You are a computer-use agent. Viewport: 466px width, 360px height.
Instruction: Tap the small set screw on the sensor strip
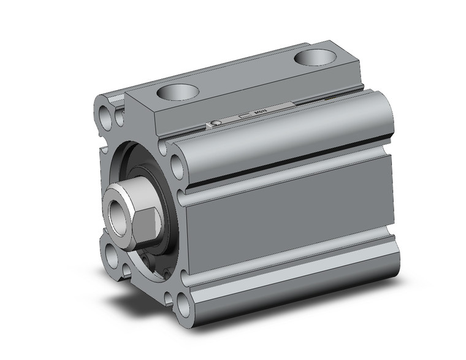pos(216,124)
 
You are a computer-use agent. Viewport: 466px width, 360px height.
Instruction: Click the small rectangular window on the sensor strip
pos(245,117)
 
